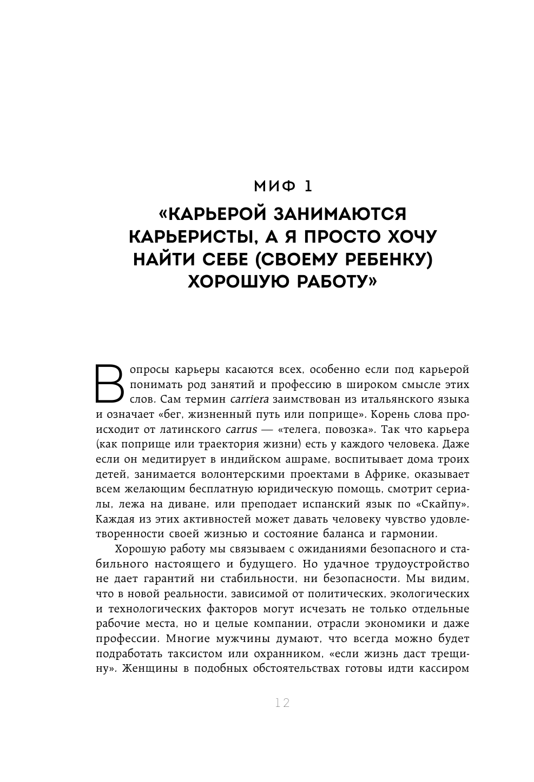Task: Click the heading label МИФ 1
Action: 283,186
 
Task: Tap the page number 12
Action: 282,703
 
